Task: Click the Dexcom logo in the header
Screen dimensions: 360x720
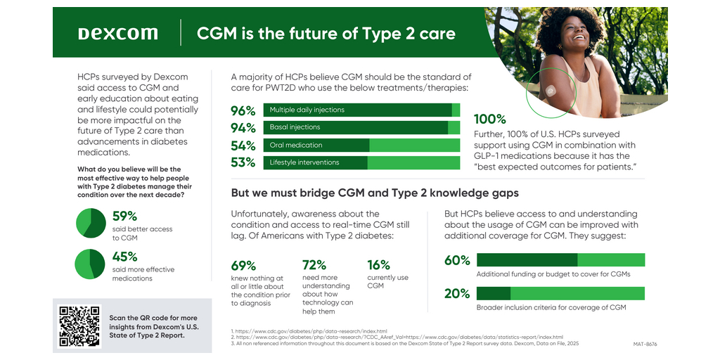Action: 117,34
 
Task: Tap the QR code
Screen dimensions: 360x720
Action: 79,326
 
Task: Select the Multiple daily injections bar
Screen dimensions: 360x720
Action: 361,110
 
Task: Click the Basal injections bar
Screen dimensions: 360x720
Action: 361,127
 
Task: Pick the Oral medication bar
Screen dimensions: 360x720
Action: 361,145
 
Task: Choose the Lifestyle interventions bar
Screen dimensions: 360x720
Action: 361,162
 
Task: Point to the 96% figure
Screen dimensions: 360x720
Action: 243,110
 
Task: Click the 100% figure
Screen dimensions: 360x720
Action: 490,120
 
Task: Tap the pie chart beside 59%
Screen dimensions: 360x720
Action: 90,223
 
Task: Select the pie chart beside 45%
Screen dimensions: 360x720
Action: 90,264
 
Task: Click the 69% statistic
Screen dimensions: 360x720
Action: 243,265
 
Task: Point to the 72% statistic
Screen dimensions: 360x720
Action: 314,265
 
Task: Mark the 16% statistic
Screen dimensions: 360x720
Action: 378,265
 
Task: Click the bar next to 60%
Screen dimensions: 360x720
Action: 560,259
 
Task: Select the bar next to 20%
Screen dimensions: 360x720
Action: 560,293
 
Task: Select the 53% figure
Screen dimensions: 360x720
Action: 243,163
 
